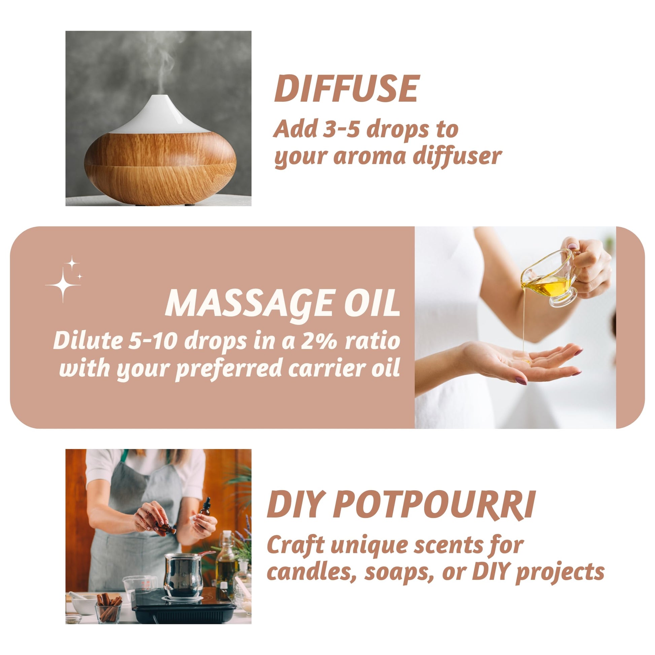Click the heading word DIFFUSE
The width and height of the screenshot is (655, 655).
point(346,89)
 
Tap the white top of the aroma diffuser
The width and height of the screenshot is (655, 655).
point(159,115)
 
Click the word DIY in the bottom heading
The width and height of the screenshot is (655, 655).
point(294,506)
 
